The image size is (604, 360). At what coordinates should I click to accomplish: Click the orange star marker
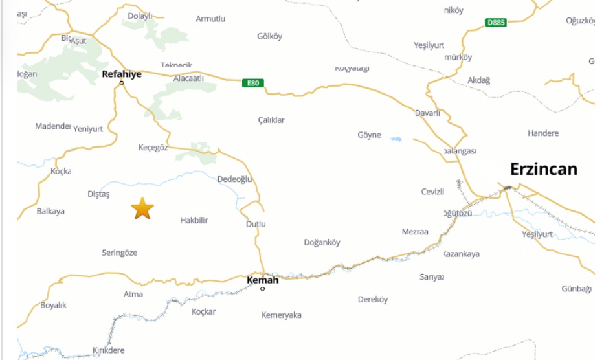pyautogui.click(x=142, y=208)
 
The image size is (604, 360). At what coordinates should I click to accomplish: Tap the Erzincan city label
pyautogui.click(x=543, y=170)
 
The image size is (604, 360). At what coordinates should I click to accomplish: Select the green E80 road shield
pyautogui.click(x=253, y=83)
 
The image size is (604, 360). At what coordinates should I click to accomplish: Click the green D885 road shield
pyautogui.click(x=495, y=23)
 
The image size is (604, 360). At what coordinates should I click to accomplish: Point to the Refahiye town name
pyautogui.click(x=122, y=74)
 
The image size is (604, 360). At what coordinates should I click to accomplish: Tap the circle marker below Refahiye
pyautogui.click(x=122, y=83)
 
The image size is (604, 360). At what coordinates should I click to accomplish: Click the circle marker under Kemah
pyautogui.click(x=262, y=288)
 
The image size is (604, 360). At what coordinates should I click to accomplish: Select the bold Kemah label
pyautogui.click(x=263, y=280)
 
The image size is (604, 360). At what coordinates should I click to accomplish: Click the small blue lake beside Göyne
pyautogui.click(x=395, y=139)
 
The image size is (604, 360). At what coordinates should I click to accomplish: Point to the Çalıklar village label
pyautogui.click(x=271, y=120)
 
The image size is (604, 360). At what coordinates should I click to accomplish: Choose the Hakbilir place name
pyautogui.click(x=194, y=221)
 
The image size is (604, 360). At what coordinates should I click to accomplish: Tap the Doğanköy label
pyautogui.click(x=322, y=243)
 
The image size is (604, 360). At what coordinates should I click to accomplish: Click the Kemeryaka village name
pyautogui.click(x=281, y=315)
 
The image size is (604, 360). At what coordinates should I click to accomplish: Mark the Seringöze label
pyautogui.click(x=120, y=253)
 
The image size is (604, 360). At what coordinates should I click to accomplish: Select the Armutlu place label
pyautogui.click(x=210, y=19)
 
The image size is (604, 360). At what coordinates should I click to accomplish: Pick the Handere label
pyautogui.click(x=542, y=133)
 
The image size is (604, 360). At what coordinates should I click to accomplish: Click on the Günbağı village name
pyautogui.click(x=576, y=289)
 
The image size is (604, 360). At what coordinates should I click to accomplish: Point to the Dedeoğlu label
pyautogui.click(x=234, y=179)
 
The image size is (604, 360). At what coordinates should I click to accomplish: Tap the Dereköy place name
pyautogui.click(x=373, y=300)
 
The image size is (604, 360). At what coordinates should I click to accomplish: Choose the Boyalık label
pyautogui.click(x=54, y=305)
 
